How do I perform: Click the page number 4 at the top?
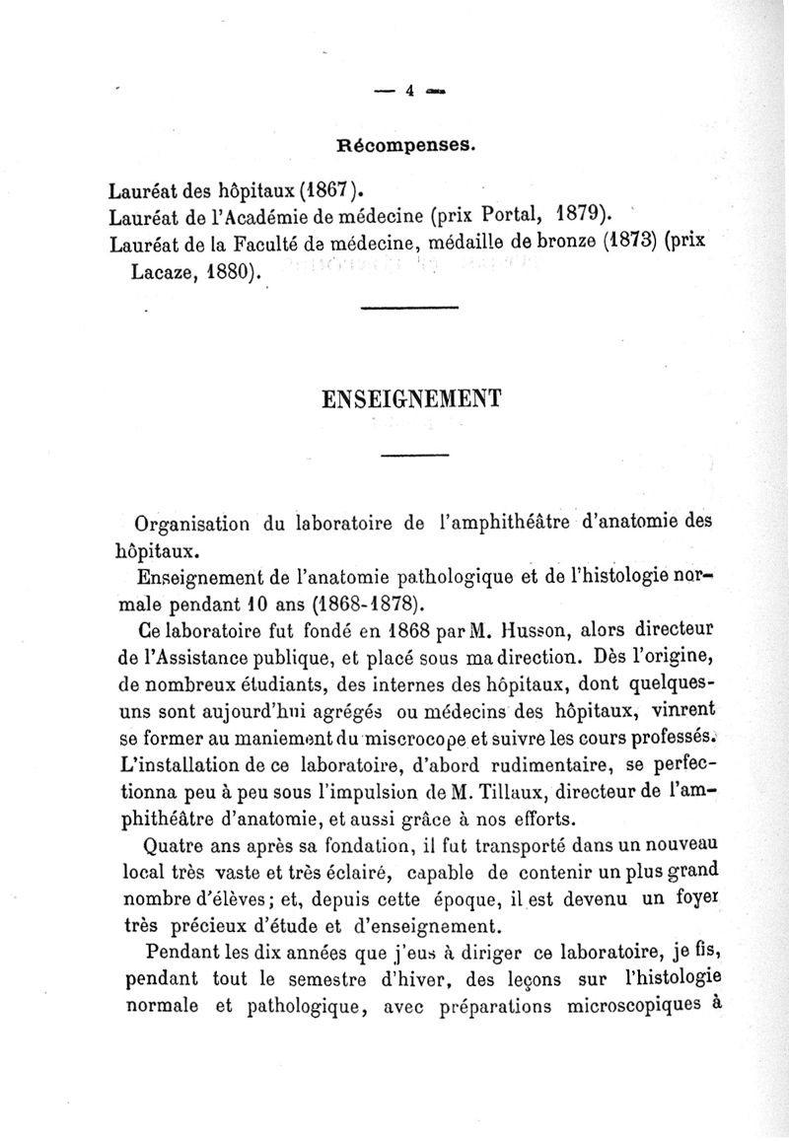coord(407,92)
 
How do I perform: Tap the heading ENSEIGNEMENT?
coord(412,397)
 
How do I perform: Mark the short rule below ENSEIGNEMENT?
coord(414,454)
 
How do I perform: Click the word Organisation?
coord(189,522)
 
